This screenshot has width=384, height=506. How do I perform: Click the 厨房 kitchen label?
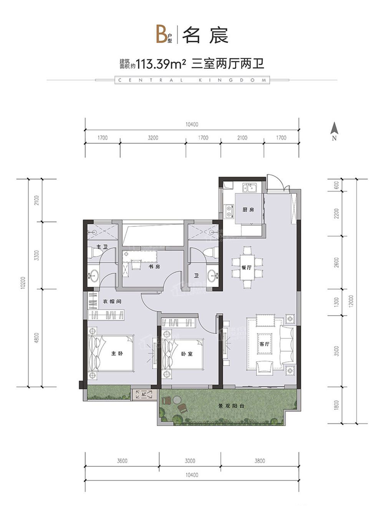pos(248,210)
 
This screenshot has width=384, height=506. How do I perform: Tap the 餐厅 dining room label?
pos(247,268)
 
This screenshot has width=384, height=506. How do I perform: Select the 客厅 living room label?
pos(264,344)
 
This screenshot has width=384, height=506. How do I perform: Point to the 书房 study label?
pos(154,267)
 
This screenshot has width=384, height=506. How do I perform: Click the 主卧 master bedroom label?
pos(117,353)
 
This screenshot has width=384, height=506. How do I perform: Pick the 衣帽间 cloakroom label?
pos(112,301)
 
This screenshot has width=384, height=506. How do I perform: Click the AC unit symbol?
pos(144,394)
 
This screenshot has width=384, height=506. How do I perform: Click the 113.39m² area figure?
pos(161,64)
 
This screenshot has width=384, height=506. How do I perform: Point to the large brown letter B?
pos(162,35)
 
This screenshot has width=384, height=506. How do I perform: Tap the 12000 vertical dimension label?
pos(351,301)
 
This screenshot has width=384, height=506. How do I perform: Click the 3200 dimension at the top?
pos(153,137)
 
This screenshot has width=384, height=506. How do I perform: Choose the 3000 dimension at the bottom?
pos(190,461)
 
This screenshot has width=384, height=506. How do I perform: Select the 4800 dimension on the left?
pos(36,338)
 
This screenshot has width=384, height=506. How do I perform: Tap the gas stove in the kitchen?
pos(228,211)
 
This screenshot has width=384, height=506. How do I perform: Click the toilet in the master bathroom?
pos(95,252)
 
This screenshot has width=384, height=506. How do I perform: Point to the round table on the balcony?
pos(177,400)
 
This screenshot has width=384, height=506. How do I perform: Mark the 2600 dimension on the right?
pos(336,262)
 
